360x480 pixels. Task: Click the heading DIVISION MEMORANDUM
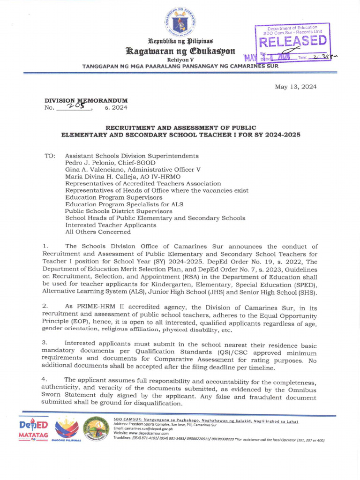(x=85, y=100)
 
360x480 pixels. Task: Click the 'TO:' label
(x=50, y=156)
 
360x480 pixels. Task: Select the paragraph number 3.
(x=45, y=344)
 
